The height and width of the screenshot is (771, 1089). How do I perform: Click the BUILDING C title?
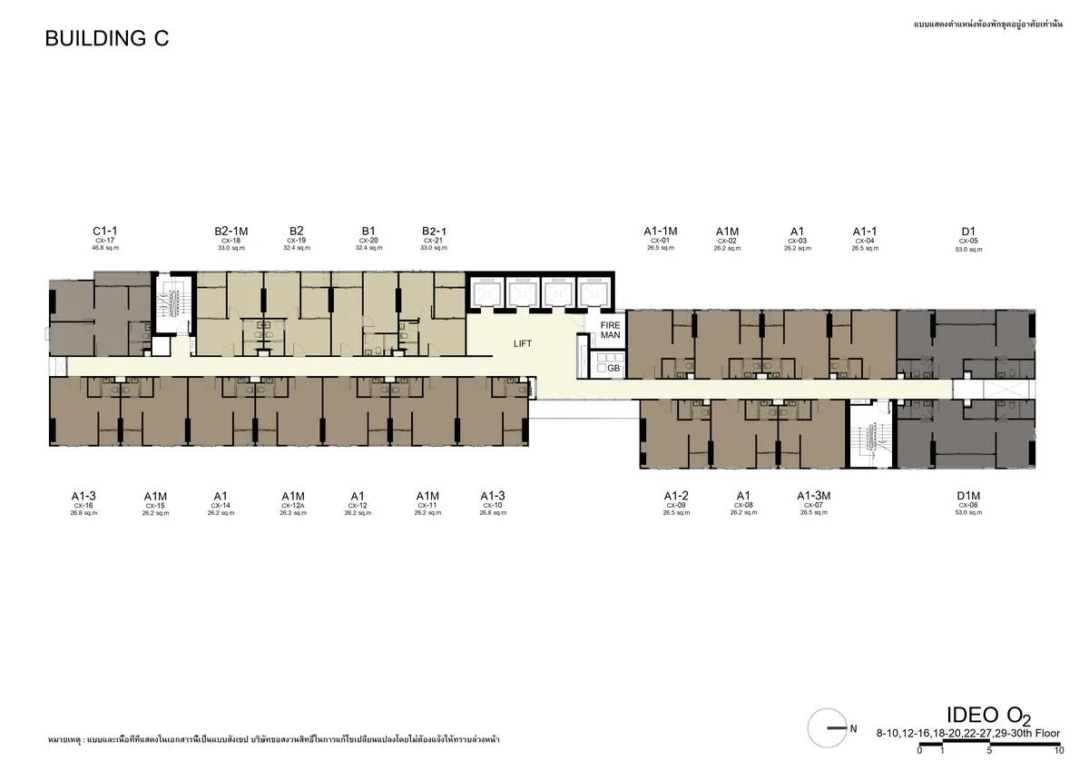point(107,38)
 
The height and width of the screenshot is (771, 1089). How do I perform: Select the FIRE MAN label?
point(610,330)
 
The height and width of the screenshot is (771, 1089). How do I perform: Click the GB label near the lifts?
point(613,369)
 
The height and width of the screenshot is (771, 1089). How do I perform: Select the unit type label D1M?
point(968,496)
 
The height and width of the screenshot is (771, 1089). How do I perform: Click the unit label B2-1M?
point(231,232)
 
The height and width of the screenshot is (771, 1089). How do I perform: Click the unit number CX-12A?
point(292,506)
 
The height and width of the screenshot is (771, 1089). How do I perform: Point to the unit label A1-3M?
point(814,496)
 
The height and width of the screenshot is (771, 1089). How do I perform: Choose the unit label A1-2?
point(676,496)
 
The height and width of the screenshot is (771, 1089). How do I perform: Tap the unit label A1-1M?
point(661,232)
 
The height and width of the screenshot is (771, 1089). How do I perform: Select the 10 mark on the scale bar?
point(1059,751)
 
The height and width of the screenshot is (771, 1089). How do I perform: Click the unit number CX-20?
point(368,241)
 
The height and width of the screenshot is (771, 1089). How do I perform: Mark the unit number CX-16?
point(83,506)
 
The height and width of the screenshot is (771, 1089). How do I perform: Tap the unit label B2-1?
point(435,232)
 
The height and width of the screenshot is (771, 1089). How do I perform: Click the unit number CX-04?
point(864,241)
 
